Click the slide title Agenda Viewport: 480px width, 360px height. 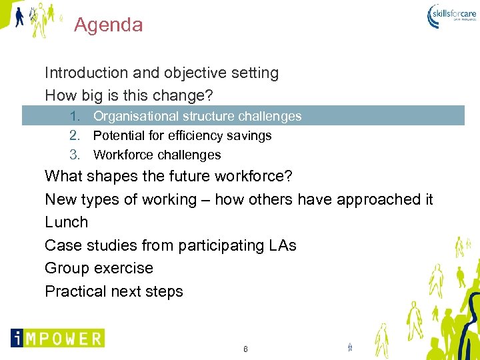click(x=108, y=25)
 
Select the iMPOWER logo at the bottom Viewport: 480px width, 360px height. click(x=57, y=338)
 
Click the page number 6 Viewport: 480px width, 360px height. click(x=245, y=349)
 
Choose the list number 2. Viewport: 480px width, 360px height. click(x=74, y=136)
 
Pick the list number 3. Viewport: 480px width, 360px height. click(x=74, y=155)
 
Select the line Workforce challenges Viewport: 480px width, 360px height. click(x=157, y=155)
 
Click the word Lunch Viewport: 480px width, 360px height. click(x=66, y=222)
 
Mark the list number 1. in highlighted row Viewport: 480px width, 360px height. click(x=74, y=117)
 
